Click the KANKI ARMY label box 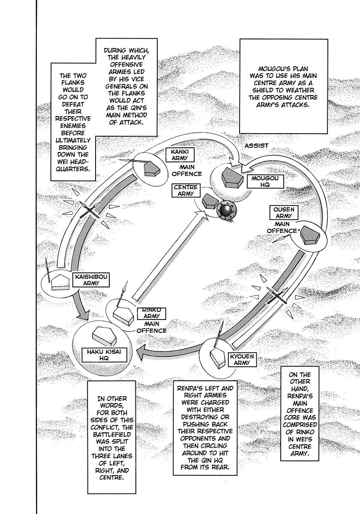[x=180, y=155]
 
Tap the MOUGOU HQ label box [x=265, y=181]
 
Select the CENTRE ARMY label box [x=186, y=190]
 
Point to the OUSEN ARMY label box [x=284, y=212]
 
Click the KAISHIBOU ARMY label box [x=91, y=280]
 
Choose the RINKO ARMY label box [x=152, y=314]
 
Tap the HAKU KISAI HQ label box [x=104, y=355]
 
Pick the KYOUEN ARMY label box [x=242, y=359]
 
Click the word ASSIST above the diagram [x=256, y=146]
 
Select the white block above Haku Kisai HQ [x=105, y=336]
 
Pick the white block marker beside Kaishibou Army [x=60, y=282]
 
